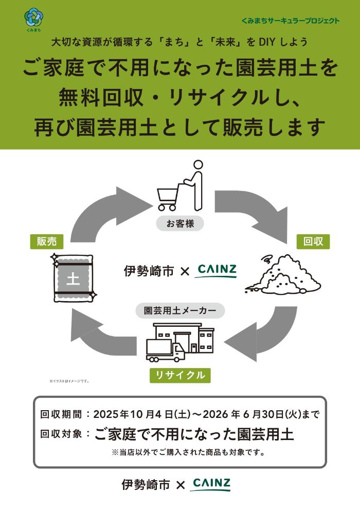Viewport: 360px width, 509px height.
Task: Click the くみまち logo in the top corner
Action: point(33,19)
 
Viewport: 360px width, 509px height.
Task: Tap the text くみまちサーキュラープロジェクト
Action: point(291,21)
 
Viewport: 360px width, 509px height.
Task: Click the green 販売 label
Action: point(46,241)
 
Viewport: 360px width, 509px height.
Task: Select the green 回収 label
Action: point(313,241)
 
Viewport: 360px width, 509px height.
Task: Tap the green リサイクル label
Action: point(180,375)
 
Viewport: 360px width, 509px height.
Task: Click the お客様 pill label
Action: point(180,224)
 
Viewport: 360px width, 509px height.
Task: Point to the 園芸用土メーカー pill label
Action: point(180,311)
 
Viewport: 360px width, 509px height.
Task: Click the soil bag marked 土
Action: point(73,279)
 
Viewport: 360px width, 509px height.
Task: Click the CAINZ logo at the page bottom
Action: point(211,484)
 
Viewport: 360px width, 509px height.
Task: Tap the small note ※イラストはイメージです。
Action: point(69,381)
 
